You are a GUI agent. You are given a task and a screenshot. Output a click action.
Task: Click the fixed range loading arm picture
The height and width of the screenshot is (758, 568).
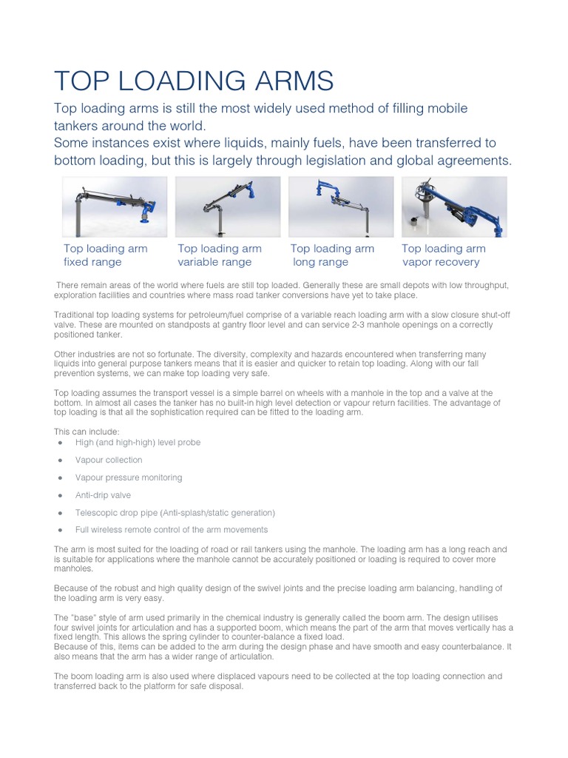tap(115, 207)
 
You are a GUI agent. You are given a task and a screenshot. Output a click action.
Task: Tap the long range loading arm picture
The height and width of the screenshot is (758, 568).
tap(341, 207)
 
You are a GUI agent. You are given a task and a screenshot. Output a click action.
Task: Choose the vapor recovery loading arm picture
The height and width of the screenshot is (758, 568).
tap(454, 207)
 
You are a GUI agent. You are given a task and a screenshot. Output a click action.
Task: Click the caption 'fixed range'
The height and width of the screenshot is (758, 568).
tap(92, 262)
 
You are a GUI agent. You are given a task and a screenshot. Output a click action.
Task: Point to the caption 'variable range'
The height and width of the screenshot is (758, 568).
tap(214, 262)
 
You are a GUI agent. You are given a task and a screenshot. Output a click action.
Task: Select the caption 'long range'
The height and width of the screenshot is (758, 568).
tap(321, 262)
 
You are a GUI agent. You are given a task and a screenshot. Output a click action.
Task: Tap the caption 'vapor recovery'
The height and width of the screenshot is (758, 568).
tap(441, 262)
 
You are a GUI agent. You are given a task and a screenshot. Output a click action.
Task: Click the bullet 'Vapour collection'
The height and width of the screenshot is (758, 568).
tap(109, 460)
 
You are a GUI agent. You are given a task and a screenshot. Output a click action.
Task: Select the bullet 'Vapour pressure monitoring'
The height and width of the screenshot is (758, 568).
tap(128, 477)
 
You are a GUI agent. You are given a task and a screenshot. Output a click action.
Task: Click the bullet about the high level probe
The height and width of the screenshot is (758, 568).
tap(138, 442)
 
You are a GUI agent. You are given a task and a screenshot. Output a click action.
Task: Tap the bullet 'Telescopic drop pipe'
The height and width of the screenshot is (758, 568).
tap(175, 512)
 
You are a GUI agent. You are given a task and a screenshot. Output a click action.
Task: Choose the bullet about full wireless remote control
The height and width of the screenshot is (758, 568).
tap(171, 530)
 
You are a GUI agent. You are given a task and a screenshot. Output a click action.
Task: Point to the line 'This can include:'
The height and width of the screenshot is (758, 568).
tap(87, 431)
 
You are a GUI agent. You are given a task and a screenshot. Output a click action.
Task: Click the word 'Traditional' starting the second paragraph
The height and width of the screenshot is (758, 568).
tap(74, 315)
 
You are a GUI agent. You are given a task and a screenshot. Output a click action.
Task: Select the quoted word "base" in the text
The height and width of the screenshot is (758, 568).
tap(88, 617)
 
